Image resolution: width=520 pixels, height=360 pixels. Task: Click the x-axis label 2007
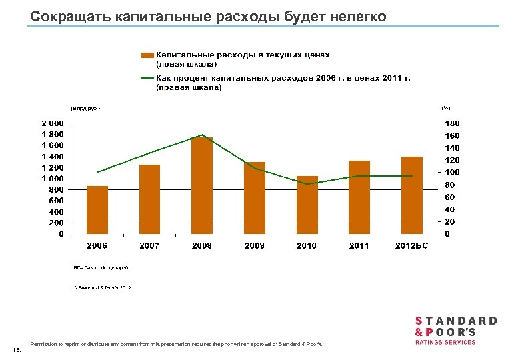149,246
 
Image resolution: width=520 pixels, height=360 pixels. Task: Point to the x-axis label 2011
359,246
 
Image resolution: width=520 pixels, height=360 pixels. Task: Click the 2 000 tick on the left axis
53,123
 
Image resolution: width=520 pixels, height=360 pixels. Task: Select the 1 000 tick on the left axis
53,179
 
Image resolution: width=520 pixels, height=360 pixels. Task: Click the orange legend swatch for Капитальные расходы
147,55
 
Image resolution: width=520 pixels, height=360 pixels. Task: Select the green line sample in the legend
147,78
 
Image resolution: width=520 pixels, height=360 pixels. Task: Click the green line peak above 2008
202,135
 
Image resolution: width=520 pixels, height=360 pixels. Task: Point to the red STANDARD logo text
456,321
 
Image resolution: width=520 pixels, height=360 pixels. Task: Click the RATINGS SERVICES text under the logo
445,342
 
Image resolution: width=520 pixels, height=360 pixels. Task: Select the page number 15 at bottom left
16,349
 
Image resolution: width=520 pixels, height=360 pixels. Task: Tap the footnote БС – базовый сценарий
101,267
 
